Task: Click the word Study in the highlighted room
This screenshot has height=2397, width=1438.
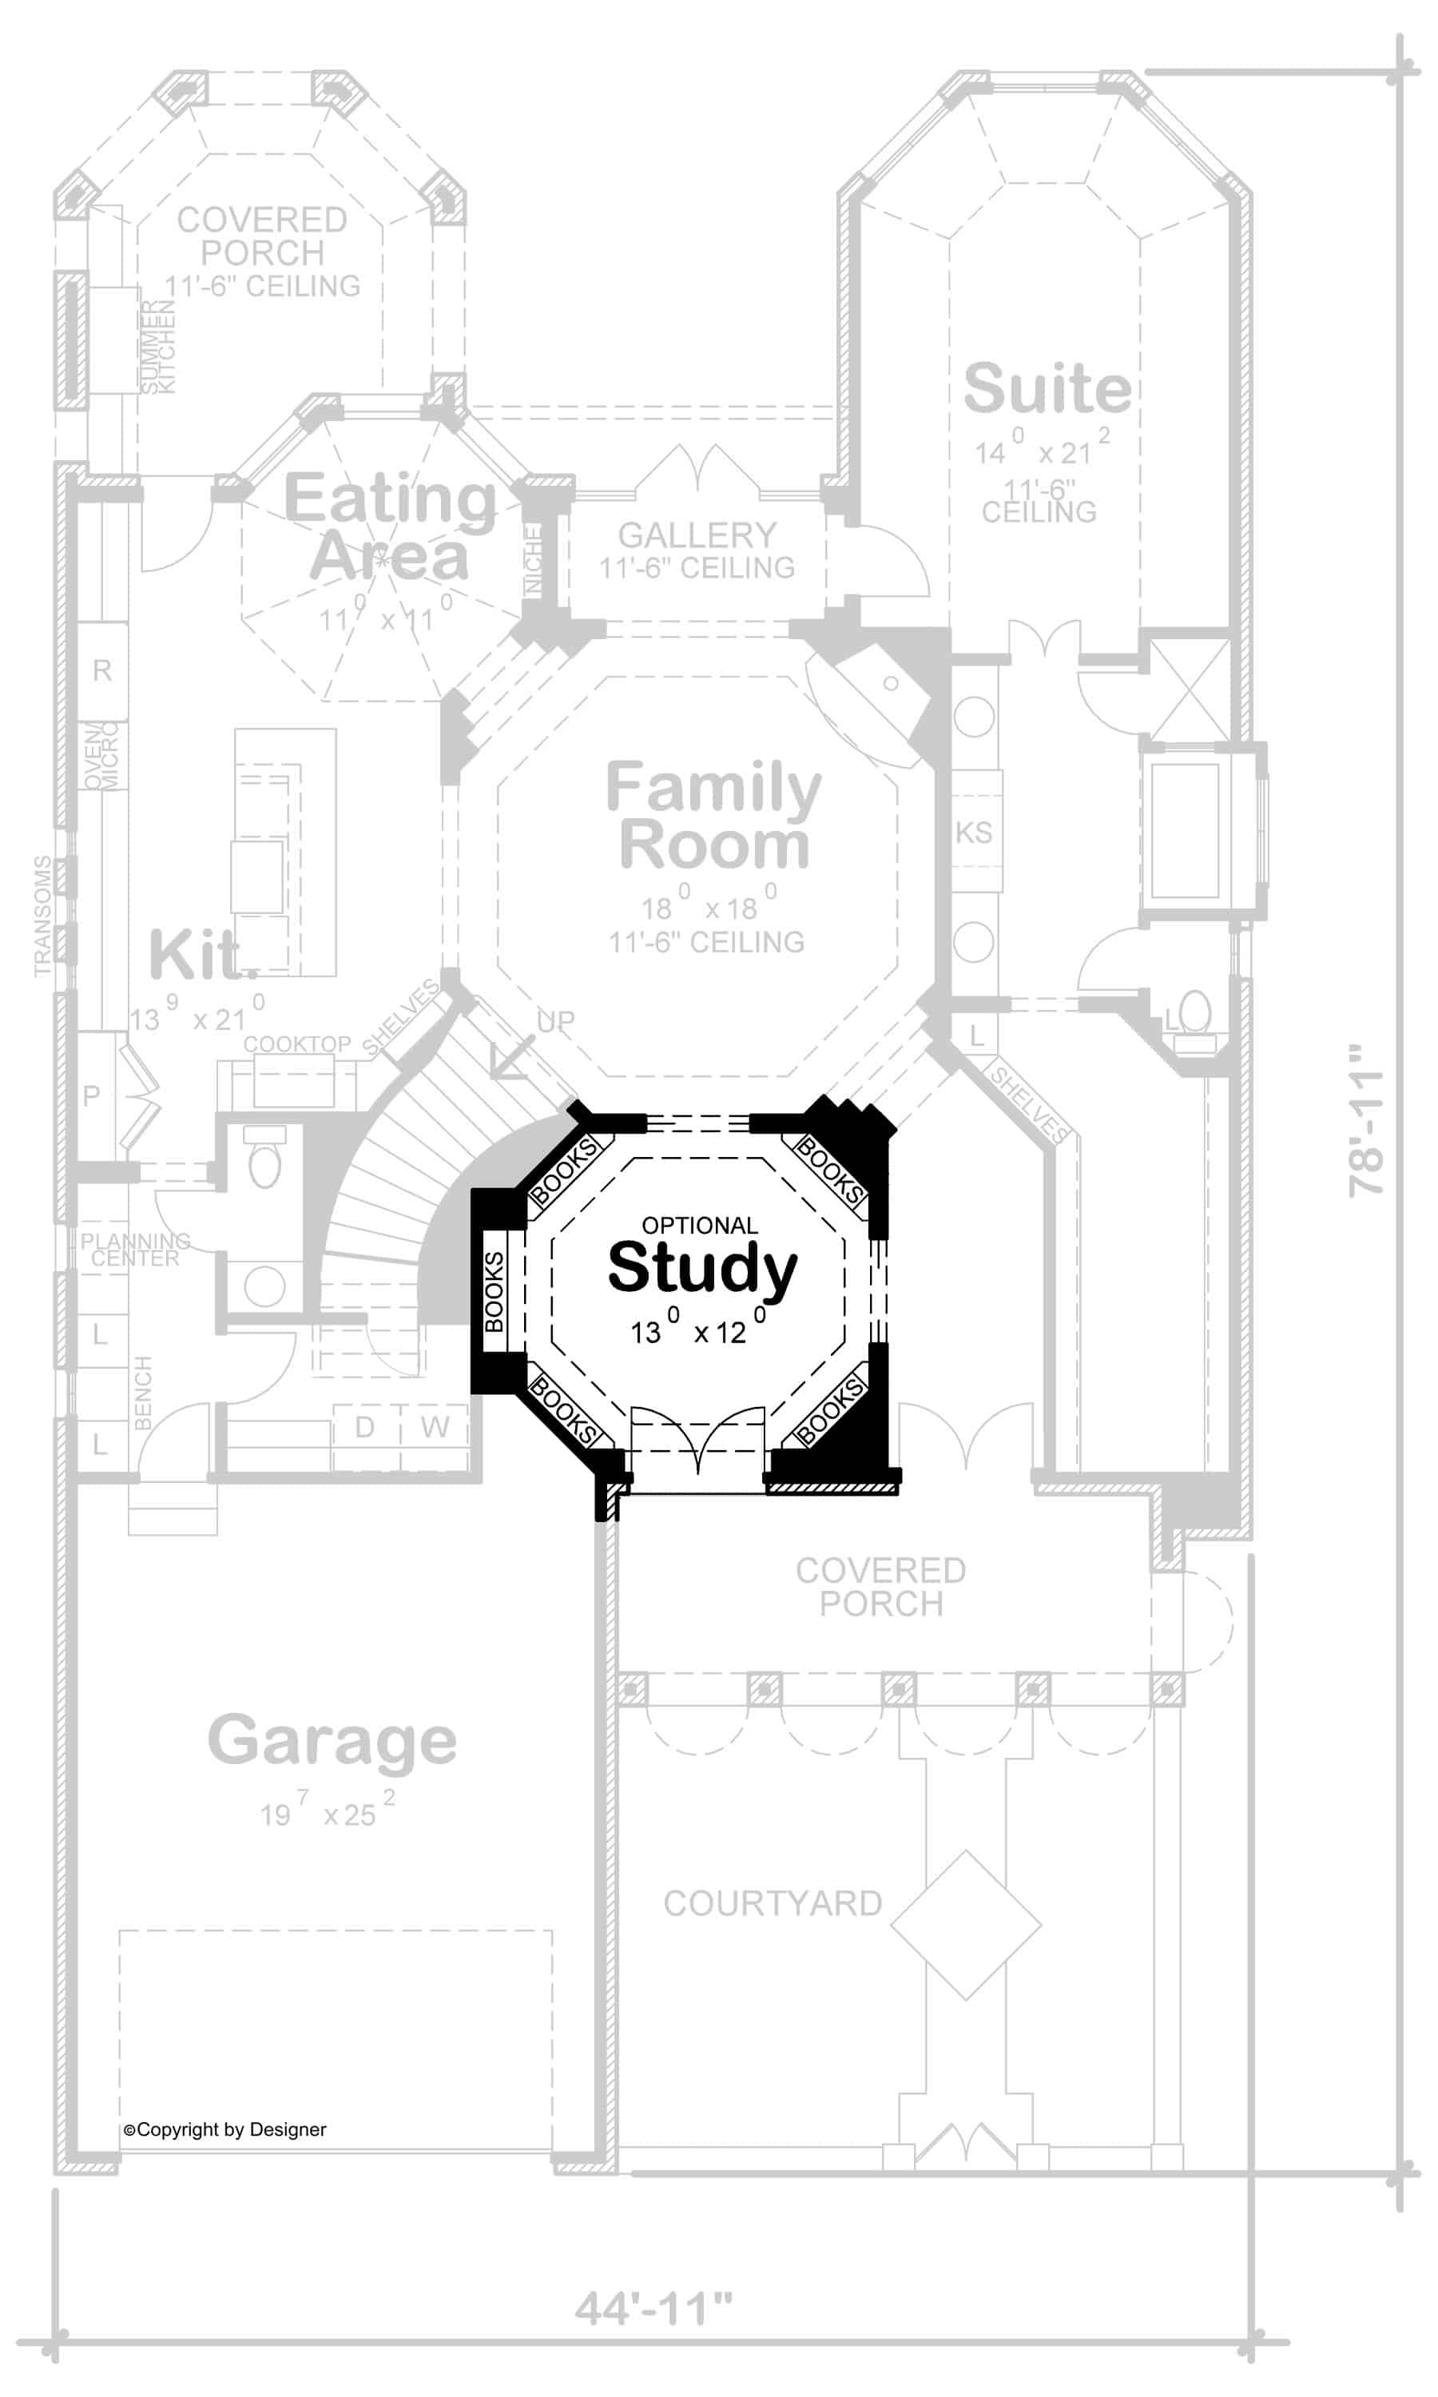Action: (x=701, y=1267)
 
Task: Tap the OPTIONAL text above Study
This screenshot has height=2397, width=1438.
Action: (x=700, y=1226)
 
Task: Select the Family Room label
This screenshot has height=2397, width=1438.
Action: (x=713, y=816)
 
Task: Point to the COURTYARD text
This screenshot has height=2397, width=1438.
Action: (x=773, y=1903)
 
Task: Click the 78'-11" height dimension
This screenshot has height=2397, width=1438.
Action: (x=1366, y=1120)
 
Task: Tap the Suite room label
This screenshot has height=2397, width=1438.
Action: (x=1047, y=388)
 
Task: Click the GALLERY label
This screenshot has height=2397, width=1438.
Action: (x=697, y=535)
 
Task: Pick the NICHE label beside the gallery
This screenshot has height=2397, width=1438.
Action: (x=533, y=560)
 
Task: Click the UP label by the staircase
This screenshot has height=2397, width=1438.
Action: (x=555, y=1021)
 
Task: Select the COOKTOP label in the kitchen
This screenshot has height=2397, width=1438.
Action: (x=296, y=1043)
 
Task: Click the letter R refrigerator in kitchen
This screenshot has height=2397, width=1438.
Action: (x=101, y=670)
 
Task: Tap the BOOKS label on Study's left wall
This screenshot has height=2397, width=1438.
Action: (x=493, y=1291)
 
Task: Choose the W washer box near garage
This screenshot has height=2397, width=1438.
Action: (x=435, y=1426)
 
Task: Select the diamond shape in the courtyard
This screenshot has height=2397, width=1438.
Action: (x=965, y=1924)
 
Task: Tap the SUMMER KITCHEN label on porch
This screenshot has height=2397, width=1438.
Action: (x=159, y=346)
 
